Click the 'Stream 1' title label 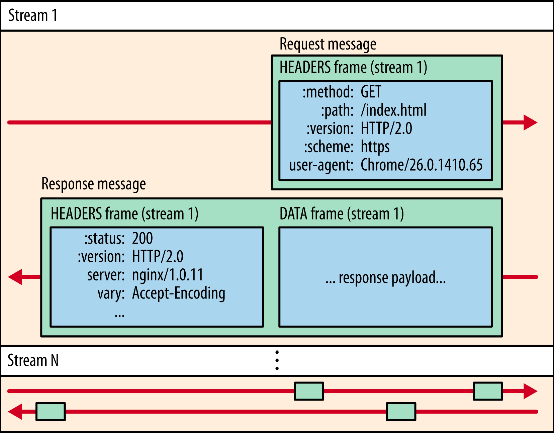[x=32, y=15]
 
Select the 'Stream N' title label [x=33, y=360]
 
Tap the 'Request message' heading [x=328, y=44]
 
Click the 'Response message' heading [x=93, y=184]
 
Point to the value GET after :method [x=371, y=92]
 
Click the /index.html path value [x=393, y=110]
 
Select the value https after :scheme [x=375, y=147]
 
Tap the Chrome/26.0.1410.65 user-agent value [x=422, y=165]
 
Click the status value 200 [x=143, y=239]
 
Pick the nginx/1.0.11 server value [x=168, y=275]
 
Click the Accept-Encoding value [x=179, y=293]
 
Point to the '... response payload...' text [x=385, y=278]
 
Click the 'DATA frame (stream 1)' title [x=342, y=214]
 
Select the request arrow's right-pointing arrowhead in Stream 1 [x=530, y=122]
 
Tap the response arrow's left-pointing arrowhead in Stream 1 [x=15, y=277]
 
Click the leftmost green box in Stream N [x=51, y=412]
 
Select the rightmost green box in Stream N [x=488, y=391]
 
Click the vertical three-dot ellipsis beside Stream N [x=277, y=360]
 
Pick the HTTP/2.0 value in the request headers [x=386, y=128]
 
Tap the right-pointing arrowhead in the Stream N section [x=530, y=391]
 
